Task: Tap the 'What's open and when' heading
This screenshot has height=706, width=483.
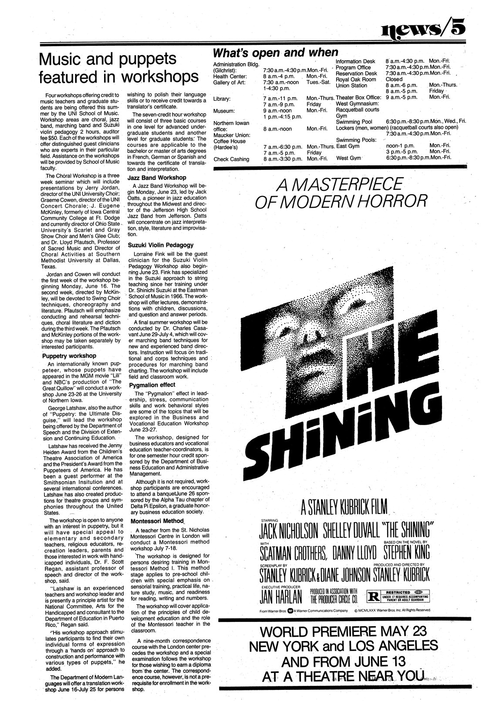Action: [275, 53]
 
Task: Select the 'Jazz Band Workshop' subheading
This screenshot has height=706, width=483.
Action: [157, 178]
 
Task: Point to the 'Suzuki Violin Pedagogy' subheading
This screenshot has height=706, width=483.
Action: [161, 245]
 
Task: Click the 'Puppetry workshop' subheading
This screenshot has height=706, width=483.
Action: [66, 355]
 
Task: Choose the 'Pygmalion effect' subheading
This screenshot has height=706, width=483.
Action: [152, 385]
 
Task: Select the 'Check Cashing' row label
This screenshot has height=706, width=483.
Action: [231, 159]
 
